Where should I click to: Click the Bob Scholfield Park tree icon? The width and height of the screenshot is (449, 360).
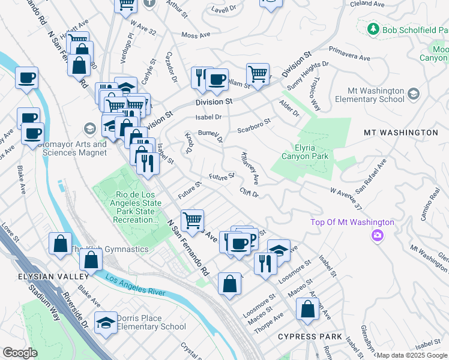[373, 29]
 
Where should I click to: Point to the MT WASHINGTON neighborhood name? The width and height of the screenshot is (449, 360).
[400, 132]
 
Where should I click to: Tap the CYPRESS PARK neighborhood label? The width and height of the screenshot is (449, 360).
[310, 337]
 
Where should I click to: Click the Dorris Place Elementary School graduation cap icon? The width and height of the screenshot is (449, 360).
[106, 323]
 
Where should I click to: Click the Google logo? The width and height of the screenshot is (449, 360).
[20, 353]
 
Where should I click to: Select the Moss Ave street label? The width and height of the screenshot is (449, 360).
[196, 36]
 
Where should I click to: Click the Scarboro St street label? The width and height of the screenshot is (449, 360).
[254, 124]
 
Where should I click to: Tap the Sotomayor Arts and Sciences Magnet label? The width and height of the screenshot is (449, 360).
[74, 148]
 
